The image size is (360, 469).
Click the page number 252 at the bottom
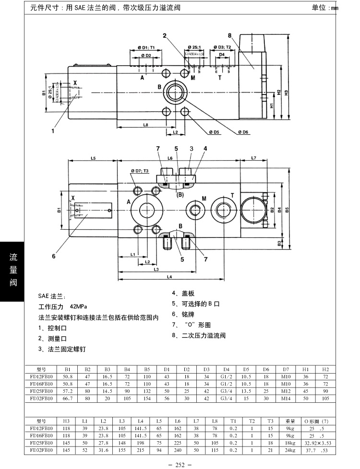pyautogui.click(x=180, y=464)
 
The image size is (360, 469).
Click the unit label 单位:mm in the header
pyautogui.click(x=324, y=8)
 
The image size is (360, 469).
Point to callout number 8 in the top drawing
pyautogui.click(x=229, y=36)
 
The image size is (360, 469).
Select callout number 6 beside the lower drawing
pyautogui.click(x=54, y=256)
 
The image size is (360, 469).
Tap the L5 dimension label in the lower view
pyautogui.click(x=94, y=158)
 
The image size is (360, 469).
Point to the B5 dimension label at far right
pyautogui.click(x=287, y=209)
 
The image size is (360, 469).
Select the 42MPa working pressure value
pyautogui.click(x=78, y=306)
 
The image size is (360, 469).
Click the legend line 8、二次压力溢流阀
pyautogui.click(x=199, y=335)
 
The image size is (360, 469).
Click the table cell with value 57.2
pyautogui.click(x=67, y=391)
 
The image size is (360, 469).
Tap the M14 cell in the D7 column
pyautogui.click(x=286, y=399)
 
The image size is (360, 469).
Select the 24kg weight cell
pyautogui.click(x=289, y=451)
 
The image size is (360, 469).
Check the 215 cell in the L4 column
pyautogui.click(x=141, y=451)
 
